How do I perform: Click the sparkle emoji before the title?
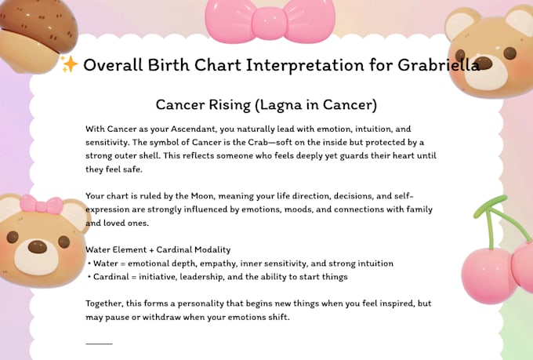tap(69, 65)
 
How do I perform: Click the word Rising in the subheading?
tap(236, 104)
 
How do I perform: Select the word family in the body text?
tap(415, 210)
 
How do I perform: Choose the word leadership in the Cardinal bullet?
tap(209, 277)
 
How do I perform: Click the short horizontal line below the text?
tap(99, 344)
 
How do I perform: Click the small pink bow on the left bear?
tap(41, 205)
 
